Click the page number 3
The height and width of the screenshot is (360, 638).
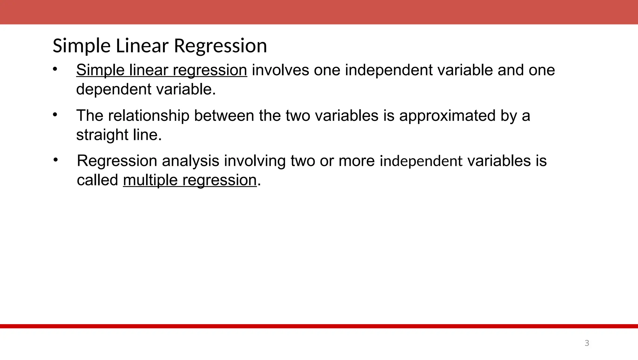click(587, 343)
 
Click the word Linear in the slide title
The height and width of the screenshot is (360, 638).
click(142, 46)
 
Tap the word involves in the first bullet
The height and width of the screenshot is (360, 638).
click(280, 70)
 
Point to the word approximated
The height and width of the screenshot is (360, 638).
click(447, 116)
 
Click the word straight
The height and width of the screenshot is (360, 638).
click(102, 135)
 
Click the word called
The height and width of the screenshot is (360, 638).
click(97, 180)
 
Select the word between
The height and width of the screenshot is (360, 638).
click(224, 116)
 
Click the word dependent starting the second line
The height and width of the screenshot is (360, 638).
click(114, 89)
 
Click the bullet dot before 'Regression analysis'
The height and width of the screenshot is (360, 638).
click(55, 160)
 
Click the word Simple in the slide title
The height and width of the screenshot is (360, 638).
click(82, 46)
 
